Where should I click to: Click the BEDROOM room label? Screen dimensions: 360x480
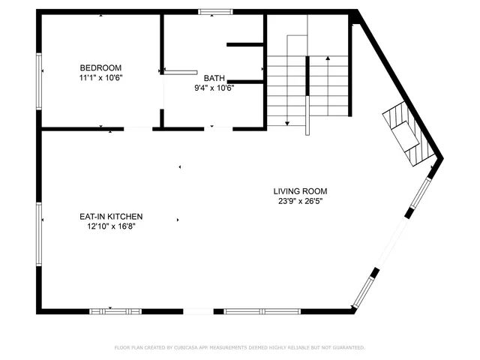pos(100,67)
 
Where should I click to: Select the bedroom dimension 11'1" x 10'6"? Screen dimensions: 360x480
pos(100,77)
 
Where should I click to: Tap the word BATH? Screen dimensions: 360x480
pos(214,77)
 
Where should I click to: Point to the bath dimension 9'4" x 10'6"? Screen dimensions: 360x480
pos(214,87)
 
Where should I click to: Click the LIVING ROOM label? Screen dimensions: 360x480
pos(300,190)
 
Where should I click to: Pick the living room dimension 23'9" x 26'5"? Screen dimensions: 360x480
pos(300,200)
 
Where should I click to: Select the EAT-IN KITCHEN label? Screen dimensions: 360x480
pos(111,216)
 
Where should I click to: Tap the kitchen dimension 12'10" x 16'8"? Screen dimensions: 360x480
pos(111,226)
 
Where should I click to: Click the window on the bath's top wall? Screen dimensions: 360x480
pos(215,11)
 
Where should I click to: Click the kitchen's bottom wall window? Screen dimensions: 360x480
pos(115,310)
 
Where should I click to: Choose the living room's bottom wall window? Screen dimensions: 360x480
pos(262,310)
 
